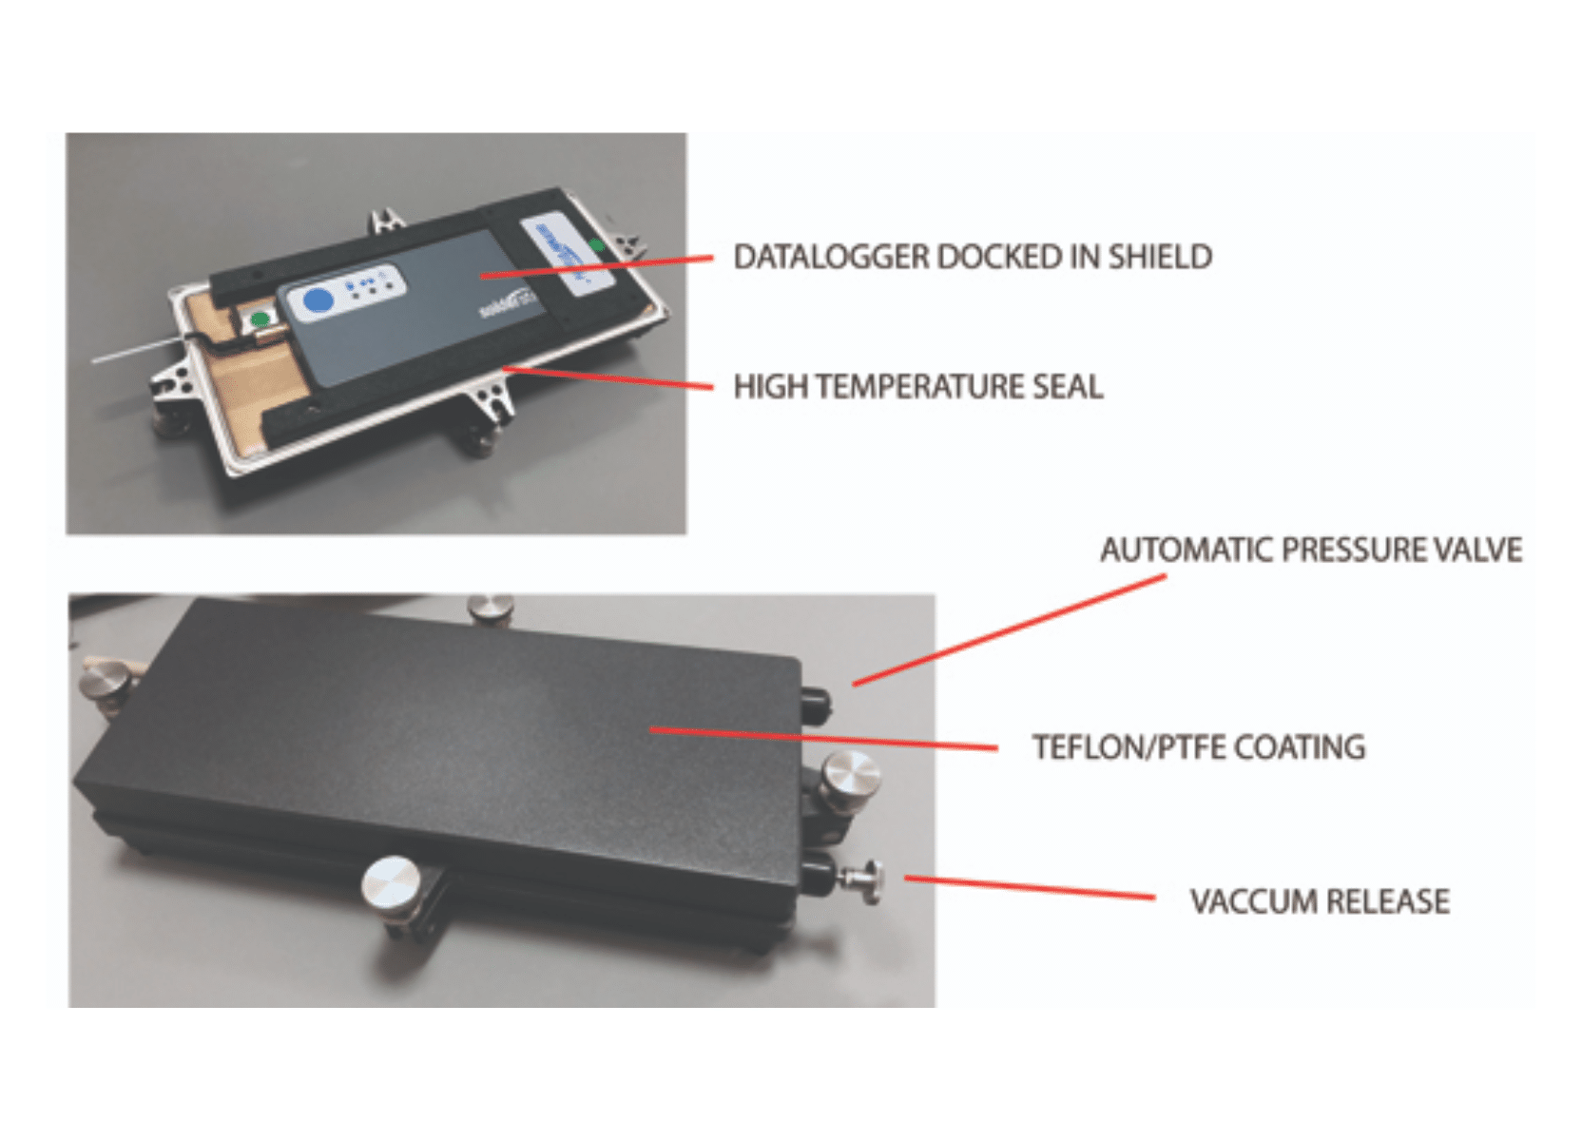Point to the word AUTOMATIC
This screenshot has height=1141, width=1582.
pyautogui.click(x=1186, y=550)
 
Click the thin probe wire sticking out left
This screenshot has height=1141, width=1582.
pyautogui.click(x=133, y=349)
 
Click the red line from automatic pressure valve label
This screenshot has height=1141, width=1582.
pyautogui.click(x=1008, y=629)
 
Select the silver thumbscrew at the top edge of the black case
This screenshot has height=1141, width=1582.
pyautogui.click(x=491, y=607)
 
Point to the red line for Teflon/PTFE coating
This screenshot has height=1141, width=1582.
pyautogui.click(x=822, y=739)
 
